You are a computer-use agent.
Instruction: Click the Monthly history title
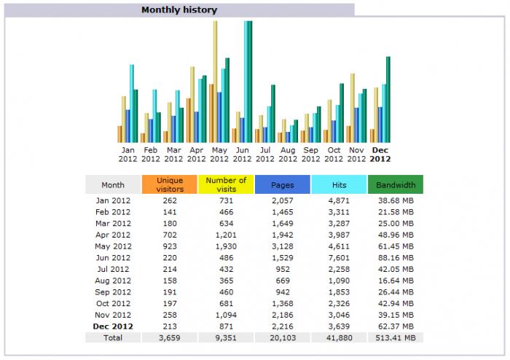(178, 10)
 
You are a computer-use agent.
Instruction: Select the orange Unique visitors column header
(170, 185)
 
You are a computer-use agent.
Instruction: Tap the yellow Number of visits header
(226, 185)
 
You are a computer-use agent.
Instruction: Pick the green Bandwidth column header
(396, 185)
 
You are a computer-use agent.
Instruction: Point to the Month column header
(113, 185)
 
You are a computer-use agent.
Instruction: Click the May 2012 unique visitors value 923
(170, 247)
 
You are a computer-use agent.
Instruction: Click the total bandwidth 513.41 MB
(396, 337)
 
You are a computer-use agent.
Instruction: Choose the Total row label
(113, 337)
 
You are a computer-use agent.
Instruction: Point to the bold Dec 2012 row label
(113, 326)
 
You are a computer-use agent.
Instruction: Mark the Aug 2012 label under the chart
(288, 154)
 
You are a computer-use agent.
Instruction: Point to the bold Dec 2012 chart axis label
(380, 154)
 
